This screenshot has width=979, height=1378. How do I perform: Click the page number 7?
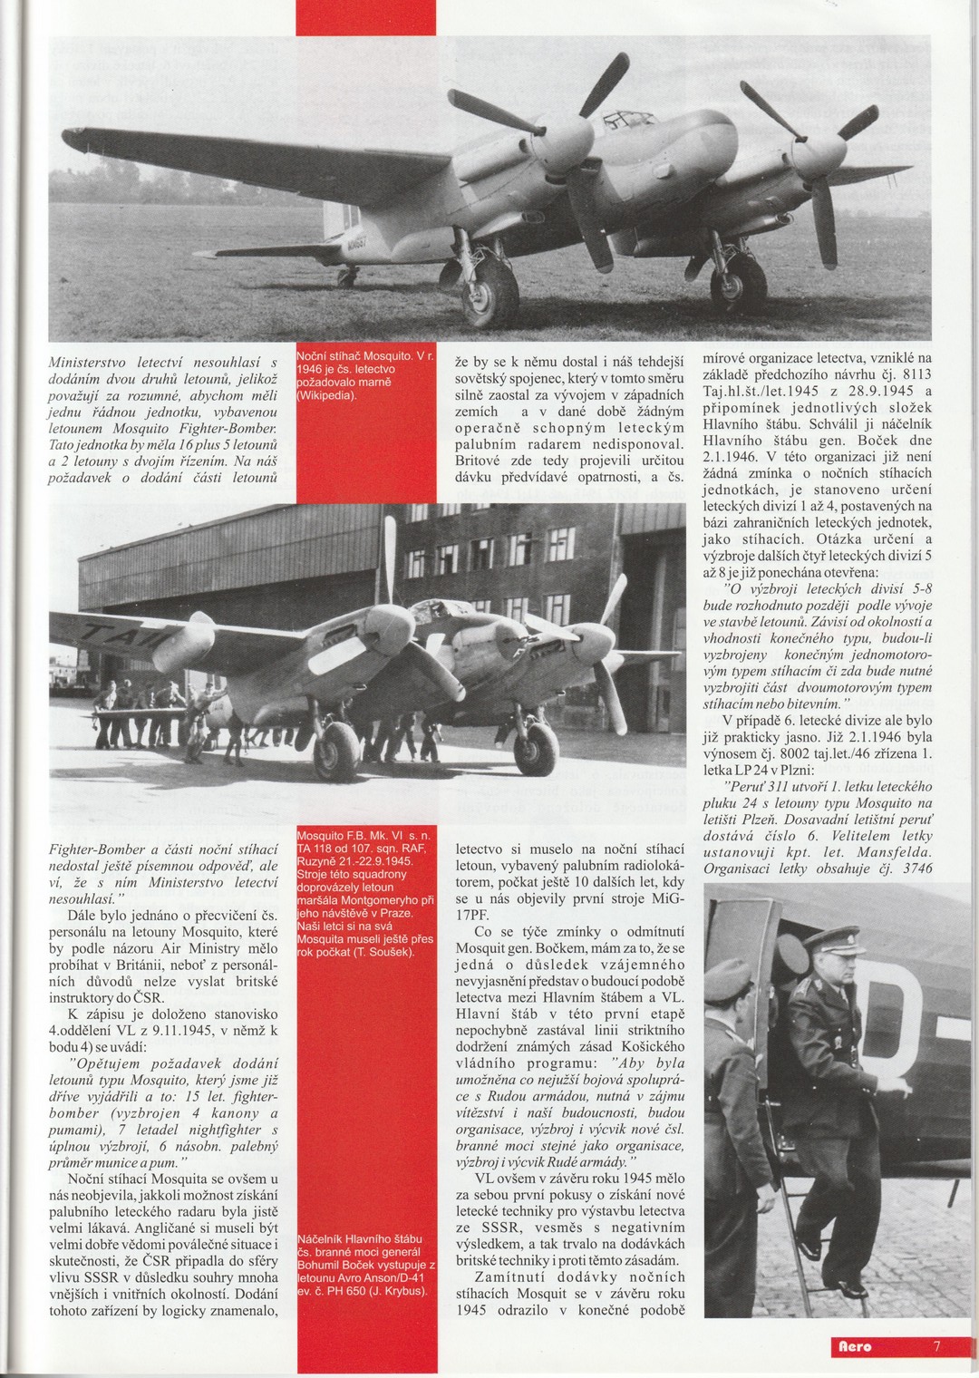[x=936, y=1346]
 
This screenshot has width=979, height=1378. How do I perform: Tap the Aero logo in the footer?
[x=854, y=1346]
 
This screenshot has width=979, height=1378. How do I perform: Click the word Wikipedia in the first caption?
[x=327, y=396]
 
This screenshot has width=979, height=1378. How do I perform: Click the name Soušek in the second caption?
[x=387, y=952]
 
